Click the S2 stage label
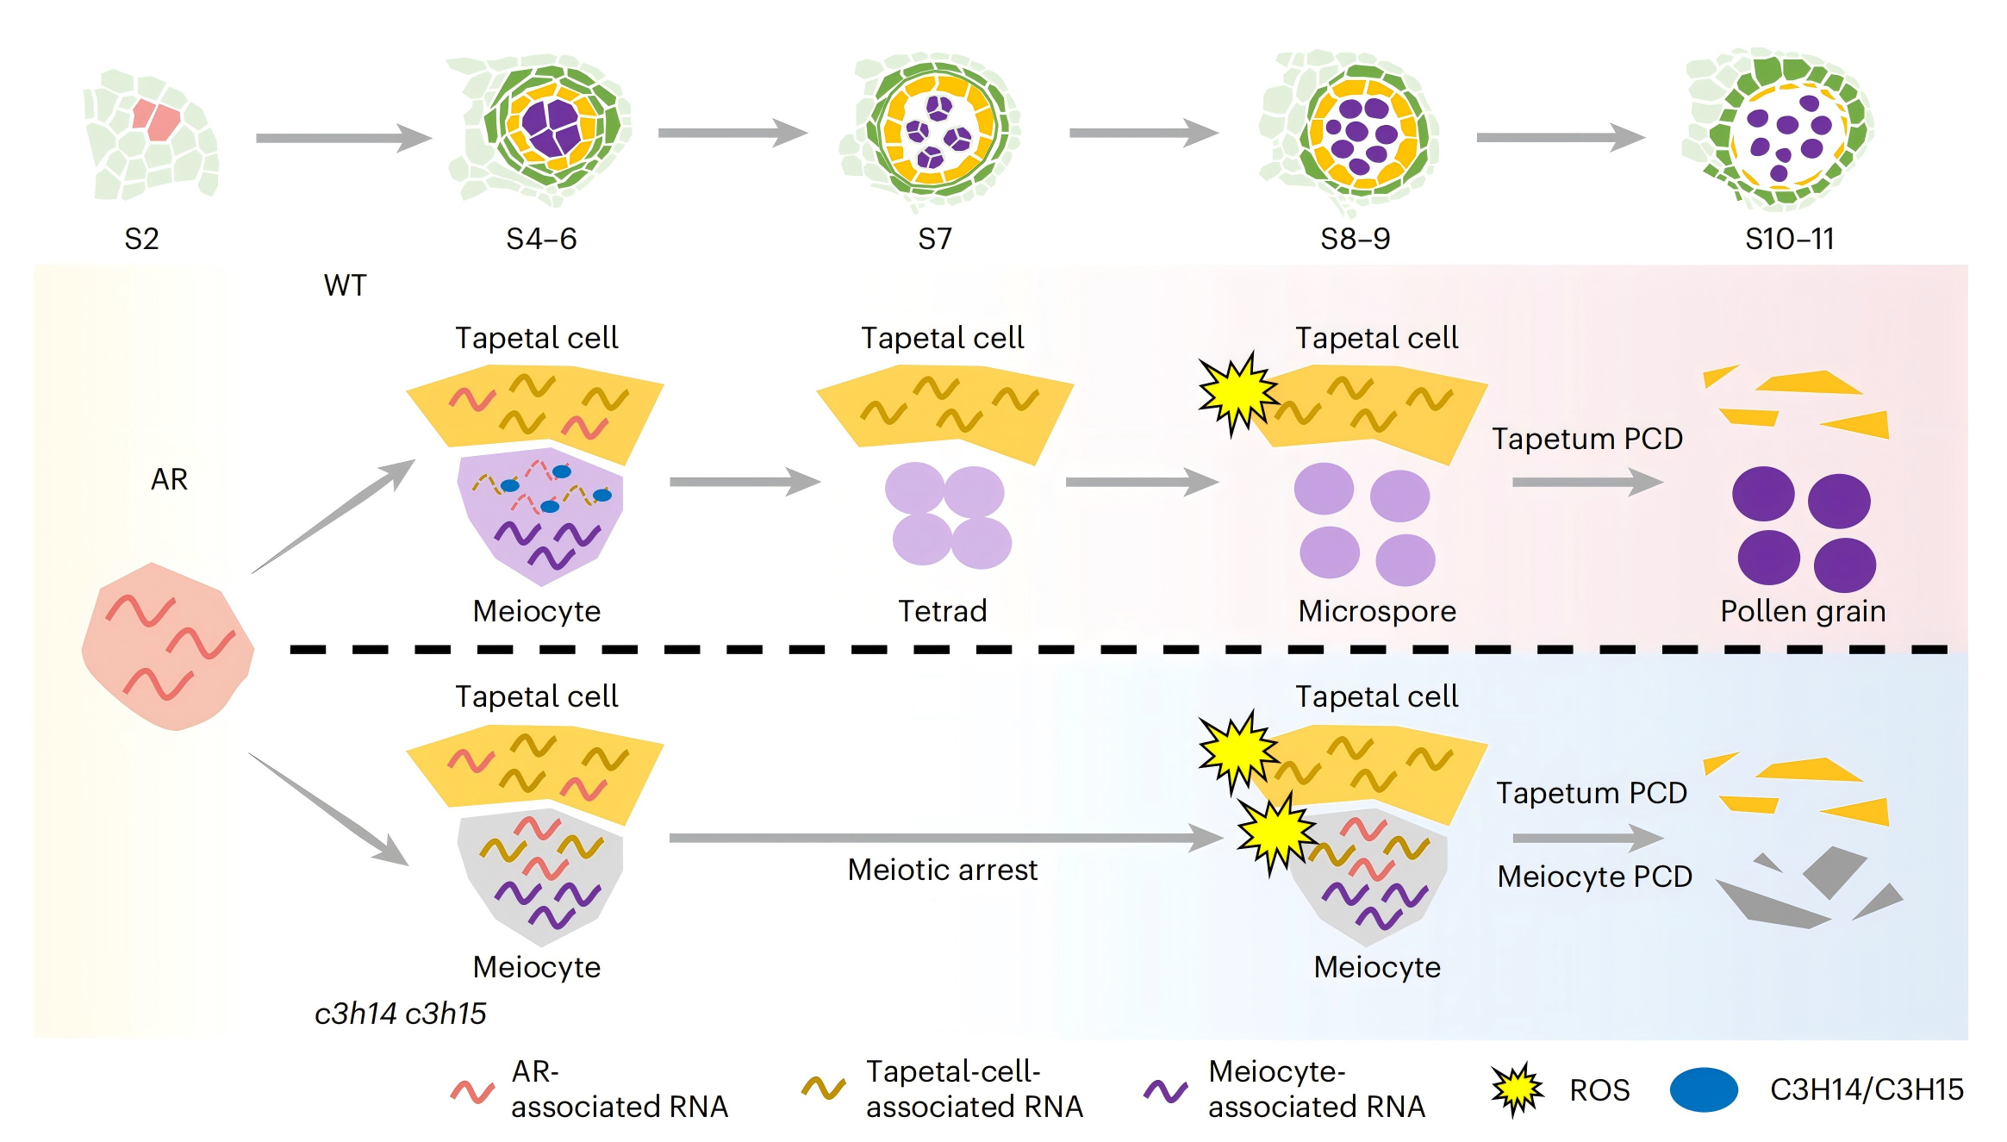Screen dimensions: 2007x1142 pos(141,239)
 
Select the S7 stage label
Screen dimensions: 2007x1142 pos(935,239)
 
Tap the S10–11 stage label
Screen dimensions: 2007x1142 pos(1790,239)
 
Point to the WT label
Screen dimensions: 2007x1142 pos(345,285)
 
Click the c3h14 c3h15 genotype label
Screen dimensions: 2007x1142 pos(401,1014)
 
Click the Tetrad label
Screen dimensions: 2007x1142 pos(943,611)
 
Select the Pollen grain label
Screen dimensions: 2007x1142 pos(1803,611)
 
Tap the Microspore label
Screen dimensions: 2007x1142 pos(1377,611)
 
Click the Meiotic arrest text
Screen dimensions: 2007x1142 pos(943,870)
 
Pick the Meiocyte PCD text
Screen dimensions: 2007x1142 pos(1595,877)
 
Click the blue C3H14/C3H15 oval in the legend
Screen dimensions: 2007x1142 pos(1704,1089)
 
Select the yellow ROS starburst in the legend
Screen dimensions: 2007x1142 pos(1518,1089)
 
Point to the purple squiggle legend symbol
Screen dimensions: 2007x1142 pos(1165,1091)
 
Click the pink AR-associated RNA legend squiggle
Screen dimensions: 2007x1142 pos(472,1092)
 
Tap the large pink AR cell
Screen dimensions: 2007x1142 pos(168,646)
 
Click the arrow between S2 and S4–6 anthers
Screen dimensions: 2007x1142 pos(344,138)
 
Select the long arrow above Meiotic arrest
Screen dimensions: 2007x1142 pos(946,838)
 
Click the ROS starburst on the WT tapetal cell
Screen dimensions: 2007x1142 pos(1238,394)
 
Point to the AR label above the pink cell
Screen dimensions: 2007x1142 pos(169,479)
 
